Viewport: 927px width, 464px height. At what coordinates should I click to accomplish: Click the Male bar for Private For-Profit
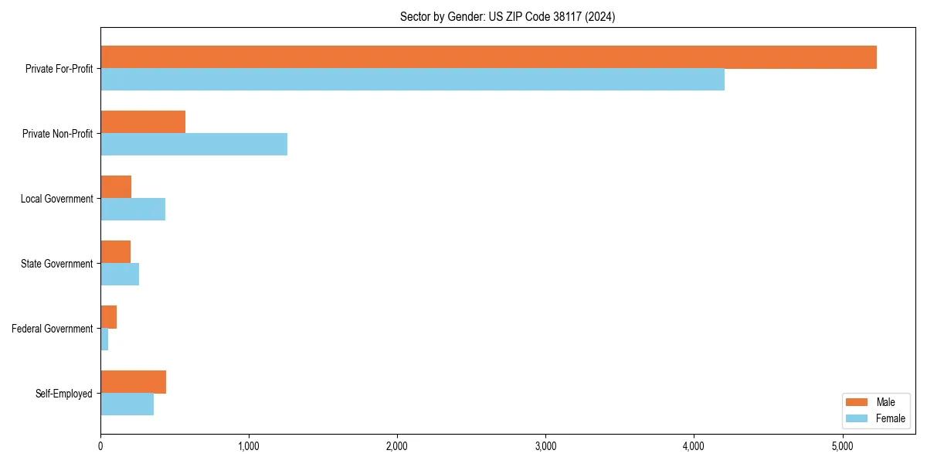tap(488, 57)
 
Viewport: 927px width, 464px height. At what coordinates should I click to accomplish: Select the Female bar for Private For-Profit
tap(413, 80)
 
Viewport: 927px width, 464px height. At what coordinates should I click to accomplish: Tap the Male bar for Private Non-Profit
tap(143, 122)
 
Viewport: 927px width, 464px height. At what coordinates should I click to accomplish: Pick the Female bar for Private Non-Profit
tap(194, 145)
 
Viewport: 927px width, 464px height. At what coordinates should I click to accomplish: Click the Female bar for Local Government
tap(133, 210)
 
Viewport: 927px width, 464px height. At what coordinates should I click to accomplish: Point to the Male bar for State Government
tap(116, 252)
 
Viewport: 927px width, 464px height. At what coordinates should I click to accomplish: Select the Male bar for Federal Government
tap(109, 317)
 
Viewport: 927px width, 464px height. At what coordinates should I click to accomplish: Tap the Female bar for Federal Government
tap(104, 339)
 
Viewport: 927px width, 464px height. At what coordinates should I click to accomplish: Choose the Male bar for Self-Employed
tap(133, 382)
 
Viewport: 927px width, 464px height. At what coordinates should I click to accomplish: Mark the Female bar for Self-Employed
tap(127, 404)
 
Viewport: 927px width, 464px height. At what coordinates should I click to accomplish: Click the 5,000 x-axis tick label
tap(842, 446)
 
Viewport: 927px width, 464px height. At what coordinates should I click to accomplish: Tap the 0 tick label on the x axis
tap(100, 446)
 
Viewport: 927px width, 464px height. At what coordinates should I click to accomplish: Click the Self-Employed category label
tap(64, 394)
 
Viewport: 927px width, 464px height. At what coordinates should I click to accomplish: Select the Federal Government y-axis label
tap(53, 329)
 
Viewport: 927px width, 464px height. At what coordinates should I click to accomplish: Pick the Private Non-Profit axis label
tap(57, 134)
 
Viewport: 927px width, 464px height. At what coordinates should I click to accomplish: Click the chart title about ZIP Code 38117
tap(508, 16)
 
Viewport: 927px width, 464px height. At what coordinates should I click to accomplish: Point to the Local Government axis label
tap(56, 199)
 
